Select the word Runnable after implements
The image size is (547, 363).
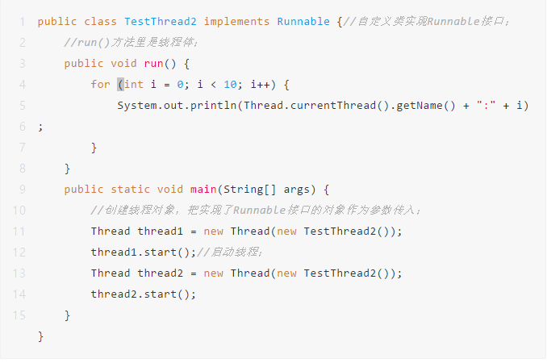[303, 21]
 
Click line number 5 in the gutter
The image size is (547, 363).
[22, 106]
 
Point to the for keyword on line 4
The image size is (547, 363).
[100, 85]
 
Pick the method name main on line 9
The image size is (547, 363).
[203, 190]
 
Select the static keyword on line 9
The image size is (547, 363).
[131, 190]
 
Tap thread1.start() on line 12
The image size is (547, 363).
[140, 252]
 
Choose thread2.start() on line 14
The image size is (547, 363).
[140, 294]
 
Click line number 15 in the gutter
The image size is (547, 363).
[19, 315]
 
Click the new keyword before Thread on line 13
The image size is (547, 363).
[214, 273]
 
